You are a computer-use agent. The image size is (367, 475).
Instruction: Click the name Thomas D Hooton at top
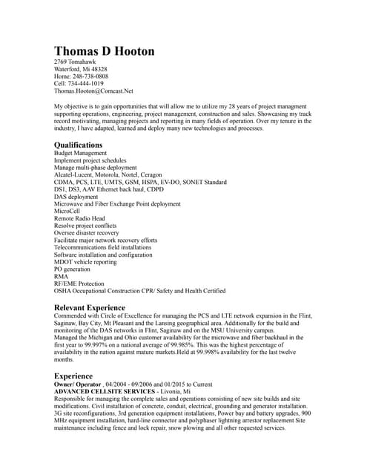pyautogui.click(x=105, y=50)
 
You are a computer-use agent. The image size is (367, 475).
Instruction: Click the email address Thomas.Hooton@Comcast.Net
pyautogui.click(x=93, y=91)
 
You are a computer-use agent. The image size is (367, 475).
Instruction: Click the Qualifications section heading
pyautogui.click(x=79, y=144)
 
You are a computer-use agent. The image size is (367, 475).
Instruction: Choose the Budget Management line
pyautogui.click(x=81, y=153)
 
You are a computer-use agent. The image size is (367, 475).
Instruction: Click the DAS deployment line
pyautogui.click(x=77, y=196)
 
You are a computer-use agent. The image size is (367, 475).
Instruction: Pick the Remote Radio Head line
pyautogui.click(x=79, y=218)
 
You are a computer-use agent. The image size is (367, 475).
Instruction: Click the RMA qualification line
pyautogui.click(x=62, y=276)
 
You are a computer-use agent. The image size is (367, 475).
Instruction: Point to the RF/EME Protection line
pyautogui.click(x=79, y=284)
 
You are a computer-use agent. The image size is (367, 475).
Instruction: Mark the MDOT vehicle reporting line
pyautogui.click(x=85, y=261)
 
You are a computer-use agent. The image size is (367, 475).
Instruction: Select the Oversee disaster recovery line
pyautogui.click(x=86, y=232)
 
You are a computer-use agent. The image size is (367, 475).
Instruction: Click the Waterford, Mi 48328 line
pyautogui.click(x=81, y=69)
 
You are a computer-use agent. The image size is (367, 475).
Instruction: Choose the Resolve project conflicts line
pyautogui.click(x=85, y=225)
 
